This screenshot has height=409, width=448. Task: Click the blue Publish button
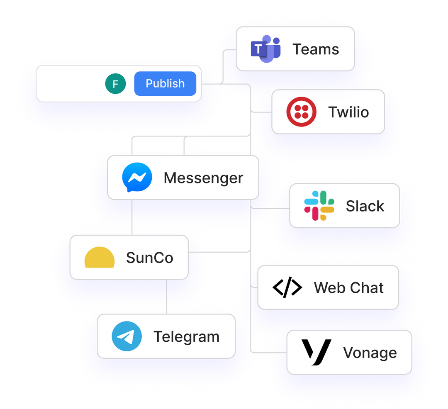coord(165,83)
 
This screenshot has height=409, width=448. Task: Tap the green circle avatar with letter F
coord(115,84)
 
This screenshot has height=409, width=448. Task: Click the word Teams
coord(316,49)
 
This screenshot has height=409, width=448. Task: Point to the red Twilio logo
coord(301,112)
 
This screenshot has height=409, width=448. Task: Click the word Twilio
coord(348,112)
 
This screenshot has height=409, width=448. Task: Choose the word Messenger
coord(203,178)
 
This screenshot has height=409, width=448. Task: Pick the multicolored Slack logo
coord(319,206)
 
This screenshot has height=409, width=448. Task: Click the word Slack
coord(365,206)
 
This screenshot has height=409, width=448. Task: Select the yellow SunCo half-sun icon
coord(100,258)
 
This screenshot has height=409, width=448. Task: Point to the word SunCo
coord(149,258)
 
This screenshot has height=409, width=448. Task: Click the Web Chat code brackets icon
coord(287,287)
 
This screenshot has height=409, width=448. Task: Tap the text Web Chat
coord(348,287)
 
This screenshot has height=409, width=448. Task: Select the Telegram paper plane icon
coord(127,336)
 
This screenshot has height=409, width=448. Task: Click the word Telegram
coord(186,336)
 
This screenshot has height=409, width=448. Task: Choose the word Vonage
coord(370,353)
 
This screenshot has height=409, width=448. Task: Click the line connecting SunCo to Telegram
coord(167,297)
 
